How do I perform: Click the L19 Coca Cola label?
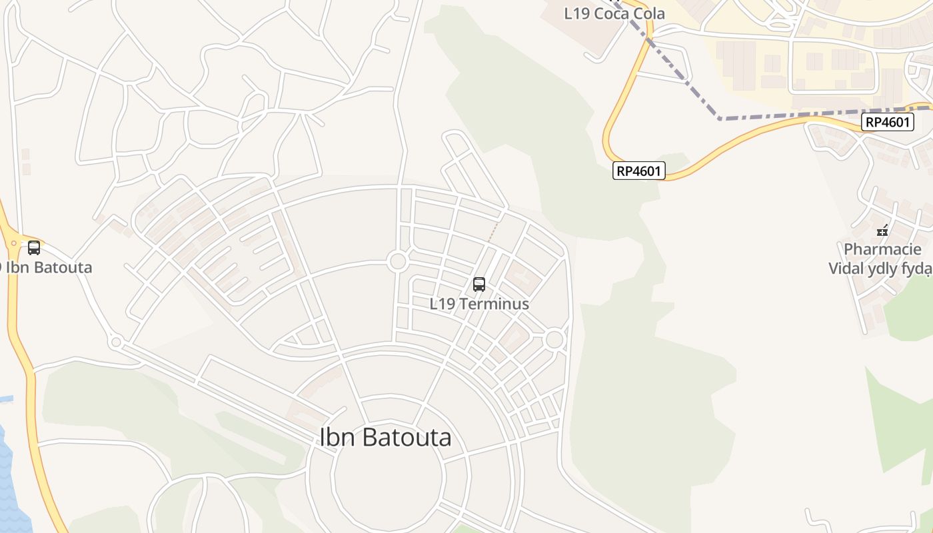point(614,13)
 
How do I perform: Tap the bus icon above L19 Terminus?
point(478,284)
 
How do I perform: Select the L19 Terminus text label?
point(479,304)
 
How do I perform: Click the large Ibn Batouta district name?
point(385,438)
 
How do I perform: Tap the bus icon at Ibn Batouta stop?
point(34,248)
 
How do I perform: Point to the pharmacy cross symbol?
point(883,231)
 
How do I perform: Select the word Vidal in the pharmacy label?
point(850,268)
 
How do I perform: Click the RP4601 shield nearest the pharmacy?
point(886,122)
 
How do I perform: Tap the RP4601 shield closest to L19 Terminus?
point(638,171)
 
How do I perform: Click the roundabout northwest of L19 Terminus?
point(398,261)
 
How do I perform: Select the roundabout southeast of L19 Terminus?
point(554,340)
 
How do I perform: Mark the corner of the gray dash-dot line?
point(720,119)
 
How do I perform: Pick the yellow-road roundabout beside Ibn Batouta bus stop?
point(13,244)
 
